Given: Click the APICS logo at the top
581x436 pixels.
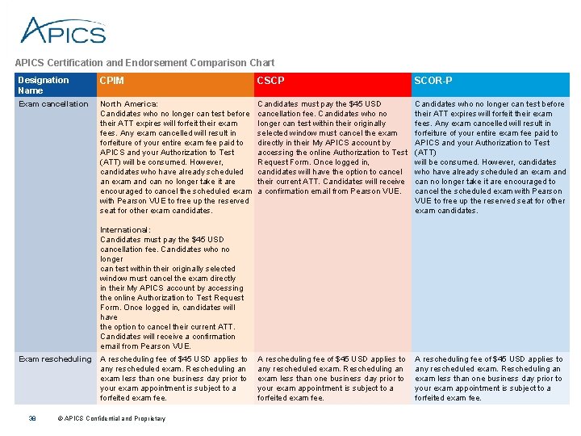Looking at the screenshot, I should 63,30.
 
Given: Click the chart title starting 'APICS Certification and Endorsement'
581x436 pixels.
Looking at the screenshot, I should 144,62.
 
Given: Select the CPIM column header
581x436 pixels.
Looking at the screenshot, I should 111,80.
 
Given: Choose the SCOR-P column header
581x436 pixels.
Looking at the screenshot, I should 430,80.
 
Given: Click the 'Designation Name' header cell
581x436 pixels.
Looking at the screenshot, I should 44,85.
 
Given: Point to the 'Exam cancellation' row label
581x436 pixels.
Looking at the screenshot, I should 53,104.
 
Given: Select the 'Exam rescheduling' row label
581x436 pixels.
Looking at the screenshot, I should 55,359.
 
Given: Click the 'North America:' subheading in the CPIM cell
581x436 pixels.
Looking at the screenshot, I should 129,104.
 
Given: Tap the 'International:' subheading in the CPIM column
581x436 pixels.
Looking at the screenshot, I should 125,230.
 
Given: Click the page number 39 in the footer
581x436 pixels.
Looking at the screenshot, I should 32,418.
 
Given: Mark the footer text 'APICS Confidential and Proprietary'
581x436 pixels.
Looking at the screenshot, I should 115,418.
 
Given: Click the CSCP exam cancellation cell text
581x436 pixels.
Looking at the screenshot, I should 332,148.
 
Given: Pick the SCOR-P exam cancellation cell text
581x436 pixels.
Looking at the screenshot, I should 490,157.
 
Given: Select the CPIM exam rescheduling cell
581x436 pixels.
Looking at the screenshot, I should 173,378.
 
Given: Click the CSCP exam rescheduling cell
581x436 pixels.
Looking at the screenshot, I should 331,378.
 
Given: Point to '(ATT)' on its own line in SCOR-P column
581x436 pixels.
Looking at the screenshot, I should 425,153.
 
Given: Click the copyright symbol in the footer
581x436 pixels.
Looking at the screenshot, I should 60,418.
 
